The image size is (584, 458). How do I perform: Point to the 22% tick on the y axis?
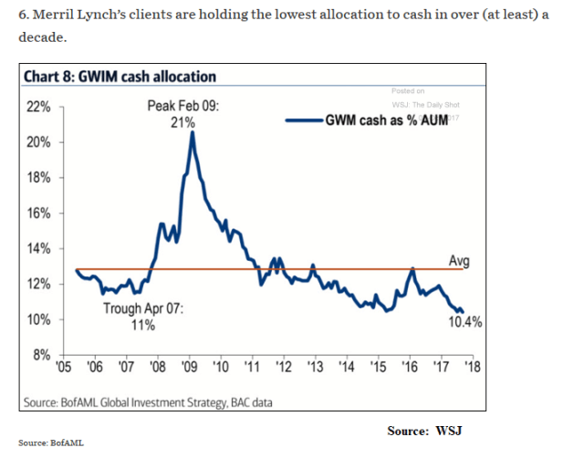point(39,107)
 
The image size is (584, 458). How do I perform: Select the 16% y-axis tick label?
point(39,213)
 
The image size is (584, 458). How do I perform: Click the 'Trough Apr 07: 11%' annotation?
point(143,317)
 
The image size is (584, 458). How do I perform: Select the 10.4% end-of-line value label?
point(464,321)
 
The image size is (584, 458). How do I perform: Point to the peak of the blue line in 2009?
point(192,133)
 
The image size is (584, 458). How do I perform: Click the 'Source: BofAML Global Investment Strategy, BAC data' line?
point(147,401)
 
